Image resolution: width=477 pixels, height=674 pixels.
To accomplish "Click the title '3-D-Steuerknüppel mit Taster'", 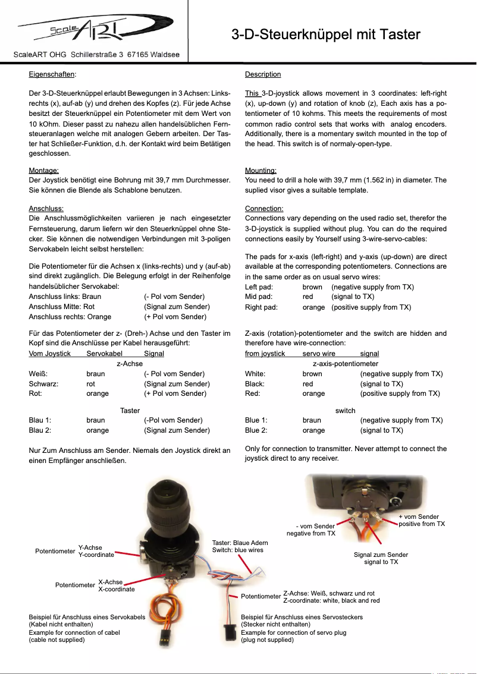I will [x=325, y=34].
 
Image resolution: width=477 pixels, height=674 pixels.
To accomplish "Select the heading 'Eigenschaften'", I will [x=52, y=74].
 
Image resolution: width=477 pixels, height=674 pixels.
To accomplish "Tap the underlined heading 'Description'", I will [x=263, y=74].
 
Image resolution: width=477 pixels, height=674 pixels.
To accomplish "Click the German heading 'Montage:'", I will [x=43, y=171].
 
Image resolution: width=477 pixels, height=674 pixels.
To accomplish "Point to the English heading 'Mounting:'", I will [x=261, y=171].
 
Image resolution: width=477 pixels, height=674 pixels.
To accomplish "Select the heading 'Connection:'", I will [x=264, y=209].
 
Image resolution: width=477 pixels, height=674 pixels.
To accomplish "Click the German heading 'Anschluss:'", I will [x=46, y=209].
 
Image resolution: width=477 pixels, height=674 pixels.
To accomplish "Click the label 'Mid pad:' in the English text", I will [x=259, y=297].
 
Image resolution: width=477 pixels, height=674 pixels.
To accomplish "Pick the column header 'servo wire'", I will [x=319, y=354].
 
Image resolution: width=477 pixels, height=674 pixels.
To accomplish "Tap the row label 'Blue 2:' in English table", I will [x=256, y=430].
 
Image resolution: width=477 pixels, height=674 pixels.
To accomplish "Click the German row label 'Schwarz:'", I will [x=43, y=384].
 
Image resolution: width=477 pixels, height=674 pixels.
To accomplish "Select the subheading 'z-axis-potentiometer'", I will [x=346, y=364].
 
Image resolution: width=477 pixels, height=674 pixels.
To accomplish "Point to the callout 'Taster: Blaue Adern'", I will [x=240, y=543].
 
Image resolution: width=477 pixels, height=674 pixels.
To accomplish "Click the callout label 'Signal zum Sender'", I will [x=381, y=555].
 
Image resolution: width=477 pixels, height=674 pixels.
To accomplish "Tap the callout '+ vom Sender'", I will [x=419, y=516].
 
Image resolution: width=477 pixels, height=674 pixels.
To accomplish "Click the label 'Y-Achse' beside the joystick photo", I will [x=90, y=547].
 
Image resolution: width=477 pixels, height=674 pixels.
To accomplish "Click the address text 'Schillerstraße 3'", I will [x=97, y=55].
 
